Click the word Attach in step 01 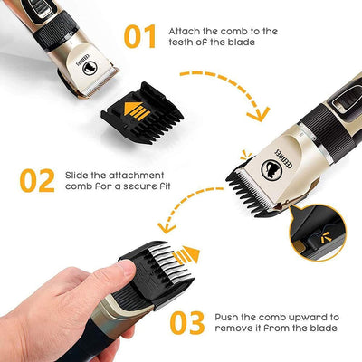point(186,31)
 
